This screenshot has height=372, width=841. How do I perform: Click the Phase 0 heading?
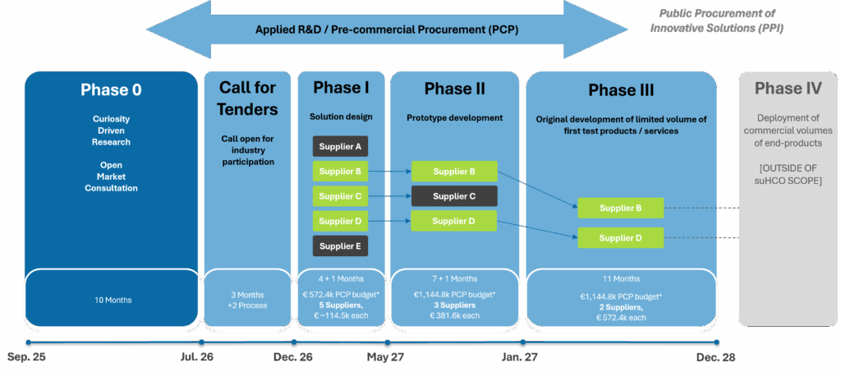(111, 90)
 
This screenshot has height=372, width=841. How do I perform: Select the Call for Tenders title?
(247, 98)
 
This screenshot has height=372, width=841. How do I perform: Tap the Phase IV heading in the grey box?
(788, 89)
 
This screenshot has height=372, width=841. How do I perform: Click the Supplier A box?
(340, 147)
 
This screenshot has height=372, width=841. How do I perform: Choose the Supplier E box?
(340, 246)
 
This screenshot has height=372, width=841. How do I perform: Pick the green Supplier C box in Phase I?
(340, 196)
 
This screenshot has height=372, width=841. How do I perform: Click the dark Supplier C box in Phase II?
(454, 196)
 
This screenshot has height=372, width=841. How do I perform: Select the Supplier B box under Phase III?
(620, 208)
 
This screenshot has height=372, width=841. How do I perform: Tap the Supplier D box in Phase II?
(454, 221)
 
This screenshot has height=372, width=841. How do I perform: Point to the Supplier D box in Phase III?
(620, 238)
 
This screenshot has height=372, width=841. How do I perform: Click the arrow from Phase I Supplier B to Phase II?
(389, 172)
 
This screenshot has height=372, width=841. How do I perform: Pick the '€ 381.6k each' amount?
(454, 315)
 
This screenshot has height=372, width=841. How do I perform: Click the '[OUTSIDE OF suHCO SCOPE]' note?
(788, 174)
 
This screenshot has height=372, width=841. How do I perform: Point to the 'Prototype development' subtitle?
(454, 117)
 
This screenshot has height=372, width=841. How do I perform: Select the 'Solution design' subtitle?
(340, 117)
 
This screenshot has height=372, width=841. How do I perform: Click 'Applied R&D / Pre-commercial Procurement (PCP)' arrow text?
(387, 30)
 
